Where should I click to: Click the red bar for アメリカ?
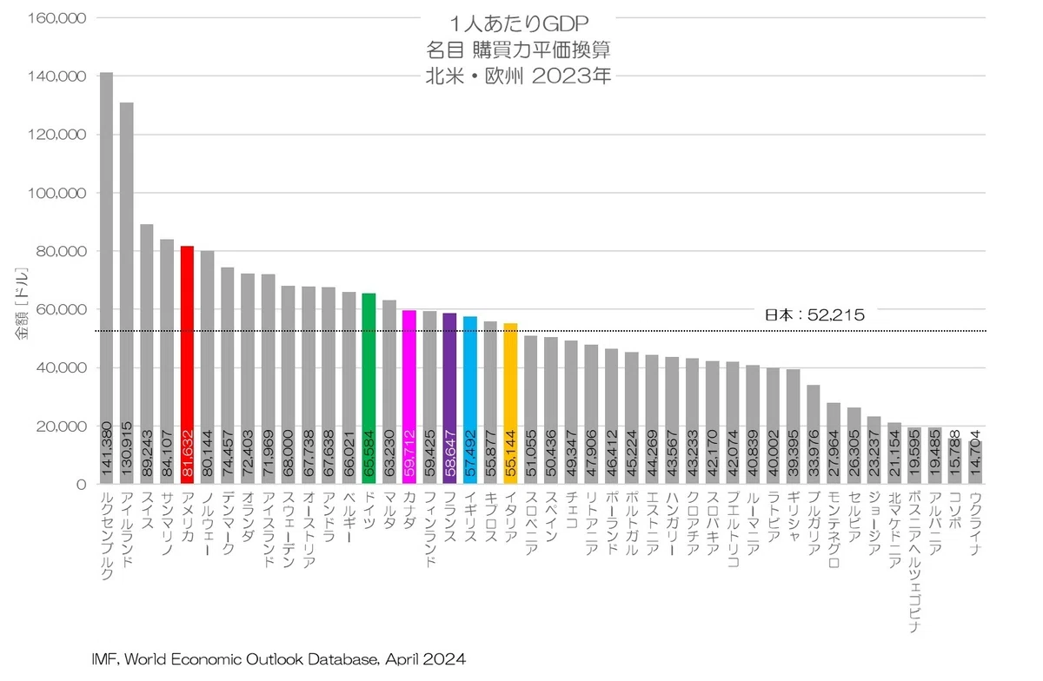coord(187,365)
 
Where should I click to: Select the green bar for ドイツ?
coord(369,388)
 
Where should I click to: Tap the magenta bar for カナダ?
coord(409,397)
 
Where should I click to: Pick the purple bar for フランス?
coord(449,399)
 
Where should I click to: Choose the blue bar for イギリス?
coord(470,400)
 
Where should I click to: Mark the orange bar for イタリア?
coord(510,404)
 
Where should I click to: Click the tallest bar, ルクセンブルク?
coord(106,278)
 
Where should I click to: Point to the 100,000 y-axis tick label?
coord(56,193)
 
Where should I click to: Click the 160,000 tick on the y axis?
coord(56,18)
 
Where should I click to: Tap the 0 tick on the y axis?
coord(82,485)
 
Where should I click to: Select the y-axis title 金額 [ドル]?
coord(22,303)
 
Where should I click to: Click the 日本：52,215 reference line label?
coord(815,315)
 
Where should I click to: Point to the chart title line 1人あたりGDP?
coord(519,23)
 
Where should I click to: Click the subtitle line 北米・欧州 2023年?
coord(518,76)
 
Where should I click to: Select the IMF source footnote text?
coord(278,659)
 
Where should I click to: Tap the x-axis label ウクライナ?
coord(975,524)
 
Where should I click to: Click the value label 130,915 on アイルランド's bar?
coord(127,449)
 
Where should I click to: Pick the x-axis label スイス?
coord(147,511)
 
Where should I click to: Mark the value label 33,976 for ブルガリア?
coord(813,453)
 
